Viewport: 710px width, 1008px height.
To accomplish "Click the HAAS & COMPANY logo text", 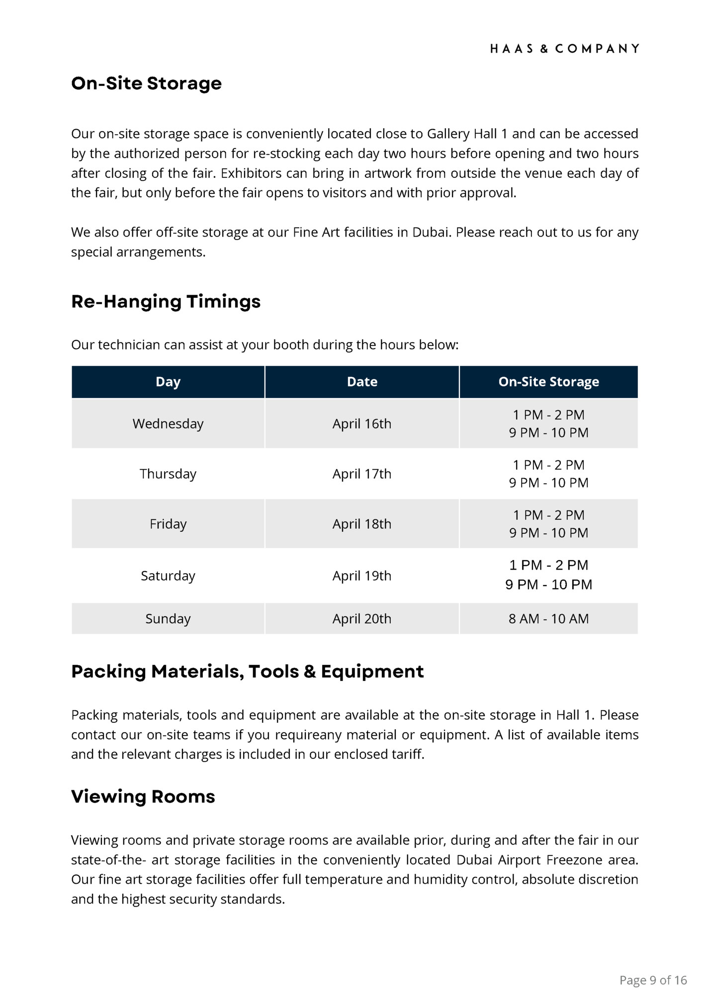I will click(564, 49).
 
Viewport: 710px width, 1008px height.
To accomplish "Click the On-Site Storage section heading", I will click(146, 83).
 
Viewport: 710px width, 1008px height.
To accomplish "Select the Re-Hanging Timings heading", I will click(166, 301).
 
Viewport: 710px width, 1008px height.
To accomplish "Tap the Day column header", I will click(168, 382).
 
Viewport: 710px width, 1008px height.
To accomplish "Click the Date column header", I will click(362, 382).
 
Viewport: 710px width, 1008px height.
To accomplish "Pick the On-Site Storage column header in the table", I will click(548, 382).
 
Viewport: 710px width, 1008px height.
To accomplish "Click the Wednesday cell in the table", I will click(168, 423).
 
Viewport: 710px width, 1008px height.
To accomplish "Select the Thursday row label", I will click(168, 474).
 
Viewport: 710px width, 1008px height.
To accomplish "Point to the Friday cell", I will click(168, 524).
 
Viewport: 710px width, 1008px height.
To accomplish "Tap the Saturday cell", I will click(168, 576).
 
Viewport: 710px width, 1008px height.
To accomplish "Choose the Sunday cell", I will click(168, 619).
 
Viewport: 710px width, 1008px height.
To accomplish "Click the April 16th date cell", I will click(362, 423).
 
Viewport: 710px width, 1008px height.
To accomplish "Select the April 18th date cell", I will click(362, 524).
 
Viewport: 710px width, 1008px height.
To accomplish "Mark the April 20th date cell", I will click(362, 619).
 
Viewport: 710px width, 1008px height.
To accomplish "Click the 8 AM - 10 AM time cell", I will click(548, 619).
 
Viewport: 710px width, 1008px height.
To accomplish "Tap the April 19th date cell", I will click(362, 576).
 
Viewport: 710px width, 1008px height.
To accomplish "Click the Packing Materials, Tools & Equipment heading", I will click(248, 672).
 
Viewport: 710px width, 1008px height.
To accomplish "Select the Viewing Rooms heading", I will click(143, 797).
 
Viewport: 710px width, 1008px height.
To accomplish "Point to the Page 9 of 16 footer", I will click(653, 980).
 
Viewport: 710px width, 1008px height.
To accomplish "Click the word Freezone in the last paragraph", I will click(574, 860).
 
